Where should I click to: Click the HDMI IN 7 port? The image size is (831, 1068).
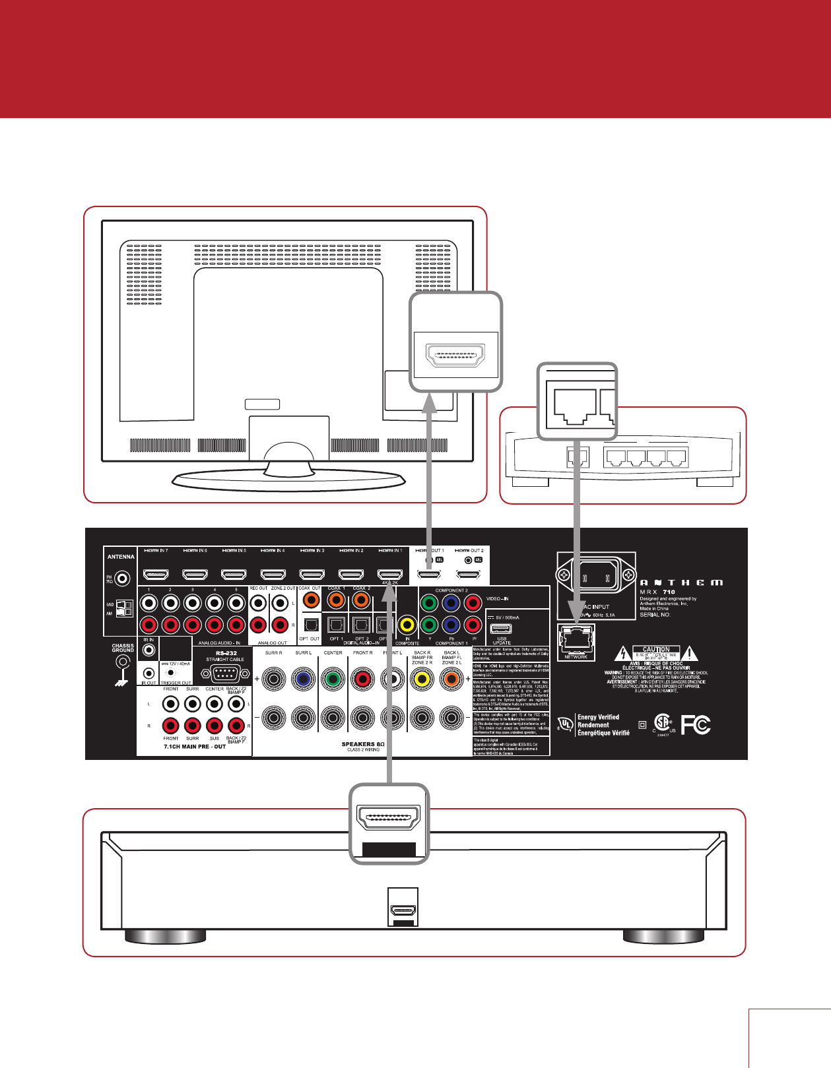pos(156,575)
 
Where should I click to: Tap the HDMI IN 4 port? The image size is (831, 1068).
pos(273,575)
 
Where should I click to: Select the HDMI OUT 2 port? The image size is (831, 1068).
pos(469,575)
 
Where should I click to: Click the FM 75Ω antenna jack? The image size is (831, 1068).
pos(122,579)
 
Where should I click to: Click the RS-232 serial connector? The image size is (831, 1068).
pos(226,674)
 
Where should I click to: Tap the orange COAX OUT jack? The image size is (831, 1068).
pos(310,600)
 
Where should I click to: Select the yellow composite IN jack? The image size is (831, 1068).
pos(407,624)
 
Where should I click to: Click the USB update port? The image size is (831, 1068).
pos(502,627)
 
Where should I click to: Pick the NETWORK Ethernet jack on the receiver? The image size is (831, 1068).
pos(576,639)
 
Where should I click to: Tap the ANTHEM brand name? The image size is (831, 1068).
pos(681,582)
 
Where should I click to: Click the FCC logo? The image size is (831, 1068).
pos(696,725)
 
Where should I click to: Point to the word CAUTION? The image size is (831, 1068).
pos(656,649)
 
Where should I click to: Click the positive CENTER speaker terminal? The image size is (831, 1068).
pos(333,678)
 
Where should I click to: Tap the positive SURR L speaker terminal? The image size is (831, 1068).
pos(304,678)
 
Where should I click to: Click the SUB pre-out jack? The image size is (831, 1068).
pos(214,726)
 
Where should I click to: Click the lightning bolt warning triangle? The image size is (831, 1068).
pos(622,654)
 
